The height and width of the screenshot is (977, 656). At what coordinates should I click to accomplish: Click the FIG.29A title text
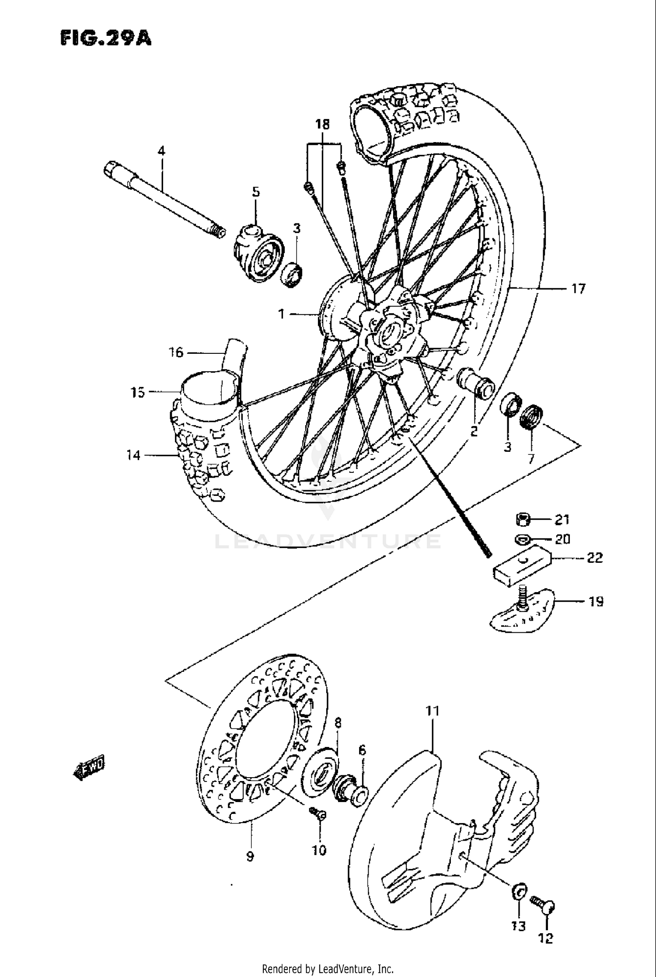coord(105,38)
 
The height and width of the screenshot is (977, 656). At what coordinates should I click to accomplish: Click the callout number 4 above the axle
coord(161,151)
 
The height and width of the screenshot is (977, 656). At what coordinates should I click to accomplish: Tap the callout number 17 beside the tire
coord(578,289)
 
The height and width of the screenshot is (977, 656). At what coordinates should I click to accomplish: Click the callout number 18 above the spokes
coord(323,125)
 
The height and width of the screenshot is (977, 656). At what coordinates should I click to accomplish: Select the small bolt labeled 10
coord(318,813)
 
